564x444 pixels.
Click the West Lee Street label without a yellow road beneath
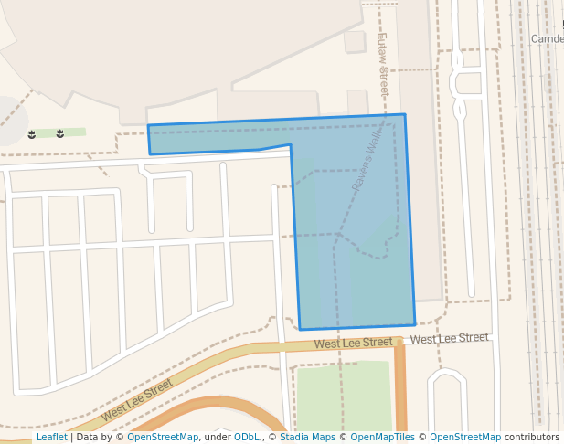point(449,338)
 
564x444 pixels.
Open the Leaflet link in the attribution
point(51,438)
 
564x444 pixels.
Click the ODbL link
point(247,438)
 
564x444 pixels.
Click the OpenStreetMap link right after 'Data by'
point(163,438)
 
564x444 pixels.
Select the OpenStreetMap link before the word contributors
point(465,438)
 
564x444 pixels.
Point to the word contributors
point(532,438)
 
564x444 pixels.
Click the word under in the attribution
point(217,438)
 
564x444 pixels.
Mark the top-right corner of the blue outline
point(404,115)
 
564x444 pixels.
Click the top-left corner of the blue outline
point(148,126)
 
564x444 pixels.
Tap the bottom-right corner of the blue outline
point(415,324)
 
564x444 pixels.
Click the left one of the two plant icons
point(32,134)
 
